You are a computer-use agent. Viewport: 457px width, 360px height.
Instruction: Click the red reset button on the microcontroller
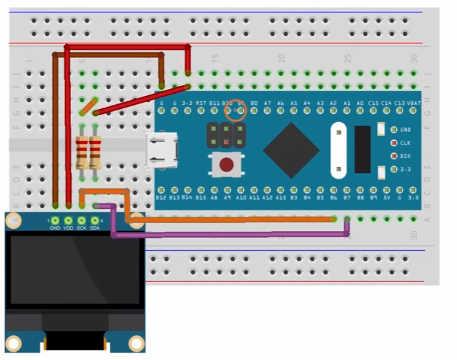225,166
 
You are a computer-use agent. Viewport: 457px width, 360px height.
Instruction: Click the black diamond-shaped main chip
291,150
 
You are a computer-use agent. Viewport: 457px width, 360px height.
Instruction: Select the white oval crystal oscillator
338,148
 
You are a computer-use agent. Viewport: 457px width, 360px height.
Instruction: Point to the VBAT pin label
414,103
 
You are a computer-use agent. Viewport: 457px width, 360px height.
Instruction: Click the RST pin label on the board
201,103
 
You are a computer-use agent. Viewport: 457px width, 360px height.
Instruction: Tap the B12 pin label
161,197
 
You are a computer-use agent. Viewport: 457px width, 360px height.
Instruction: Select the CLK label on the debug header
405,143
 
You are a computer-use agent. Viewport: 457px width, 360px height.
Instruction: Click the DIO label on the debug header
405,156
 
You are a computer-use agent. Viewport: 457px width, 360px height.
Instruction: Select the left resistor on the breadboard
81,152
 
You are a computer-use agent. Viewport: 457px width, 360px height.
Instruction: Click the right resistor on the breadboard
94,152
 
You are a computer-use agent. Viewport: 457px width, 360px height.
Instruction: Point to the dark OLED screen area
75,270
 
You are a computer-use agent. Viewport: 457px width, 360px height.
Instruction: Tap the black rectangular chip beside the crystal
363,149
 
